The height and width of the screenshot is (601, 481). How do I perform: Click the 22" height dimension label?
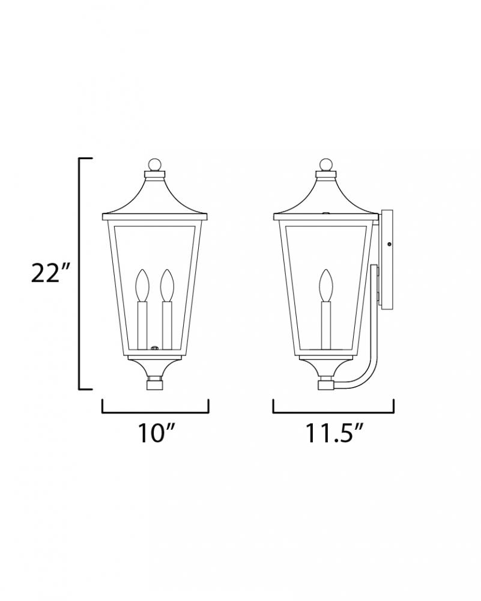[50, 273]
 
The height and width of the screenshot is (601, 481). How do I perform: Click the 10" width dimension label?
[157, 433]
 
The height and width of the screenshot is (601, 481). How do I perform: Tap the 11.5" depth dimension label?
[333, 433]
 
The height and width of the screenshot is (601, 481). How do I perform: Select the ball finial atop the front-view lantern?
[155, 165]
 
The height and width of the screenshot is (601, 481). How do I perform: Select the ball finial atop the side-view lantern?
[326, 165]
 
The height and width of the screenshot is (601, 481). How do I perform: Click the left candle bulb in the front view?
[142, 285]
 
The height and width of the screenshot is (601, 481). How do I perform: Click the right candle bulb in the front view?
[167, 285]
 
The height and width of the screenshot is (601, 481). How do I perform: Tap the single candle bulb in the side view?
[326, 285]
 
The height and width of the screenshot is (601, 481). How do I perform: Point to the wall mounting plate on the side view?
[387, 258]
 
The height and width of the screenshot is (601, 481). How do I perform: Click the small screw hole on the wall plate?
[389, 244]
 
